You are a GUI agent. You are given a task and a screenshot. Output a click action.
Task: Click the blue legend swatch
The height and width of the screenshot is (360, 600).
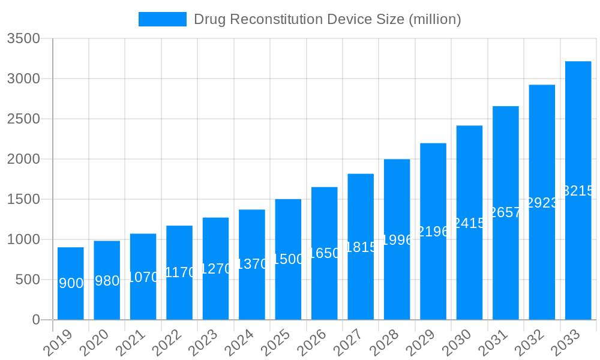point(162,19)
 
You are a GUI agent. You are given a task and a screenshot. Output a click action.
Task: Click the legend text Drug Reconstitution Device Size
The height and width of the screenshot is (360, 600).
point(327,19)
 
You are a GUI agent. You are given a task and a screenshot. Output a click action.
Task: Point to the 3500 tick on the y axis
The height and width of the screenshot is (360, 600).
point(23,39)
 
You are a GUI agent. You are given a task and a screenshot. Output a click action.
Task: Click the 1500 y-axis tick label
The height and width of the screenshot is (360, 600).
point(23,199)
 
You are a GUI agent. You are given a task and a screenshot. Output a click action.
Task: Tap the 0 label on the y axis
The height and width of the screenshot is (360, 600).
point(35,320)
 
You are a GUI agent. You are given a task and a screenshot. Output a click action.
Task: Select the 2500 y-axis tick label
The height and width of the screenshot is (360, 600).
point(23,119)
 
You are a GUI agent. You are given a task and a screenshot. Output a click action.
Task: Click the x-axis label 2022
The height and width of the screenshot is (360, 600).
point(169,343)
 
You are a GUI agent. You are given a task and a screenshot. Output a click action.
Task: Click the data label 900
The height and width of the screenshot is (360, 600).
point(71,283)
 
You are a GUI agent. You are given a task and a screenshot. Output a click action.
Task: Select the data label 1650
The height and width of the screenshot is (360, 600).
point(324,253)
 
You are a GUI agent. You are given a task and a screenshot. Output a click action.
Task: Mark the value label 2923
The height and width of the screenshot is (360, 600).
point(542,203)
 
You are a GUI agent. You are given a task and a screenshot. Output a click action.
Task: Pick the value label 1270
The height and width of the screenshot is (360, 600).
point(215,269)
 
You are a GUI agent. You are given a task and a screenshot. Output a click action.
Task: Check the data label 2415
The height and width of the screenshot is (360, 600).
point(469,223)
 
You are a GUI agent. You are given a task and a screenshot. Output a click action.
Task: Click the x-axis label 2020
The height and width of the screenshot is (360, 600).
point(96,343)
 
